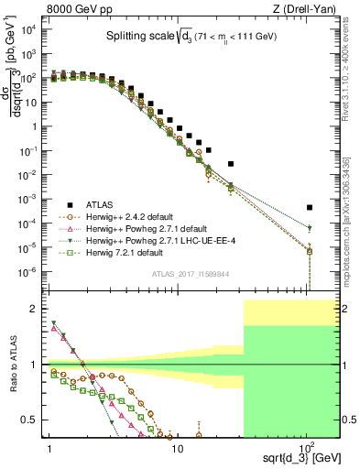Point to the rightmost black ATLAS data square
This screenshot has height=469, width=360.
tap(310, 207)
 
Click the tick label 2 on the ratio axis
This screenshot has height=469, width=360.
tap(35, 309)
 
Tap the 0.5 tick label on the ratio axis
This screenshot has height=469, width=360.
tap(31, 420)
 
